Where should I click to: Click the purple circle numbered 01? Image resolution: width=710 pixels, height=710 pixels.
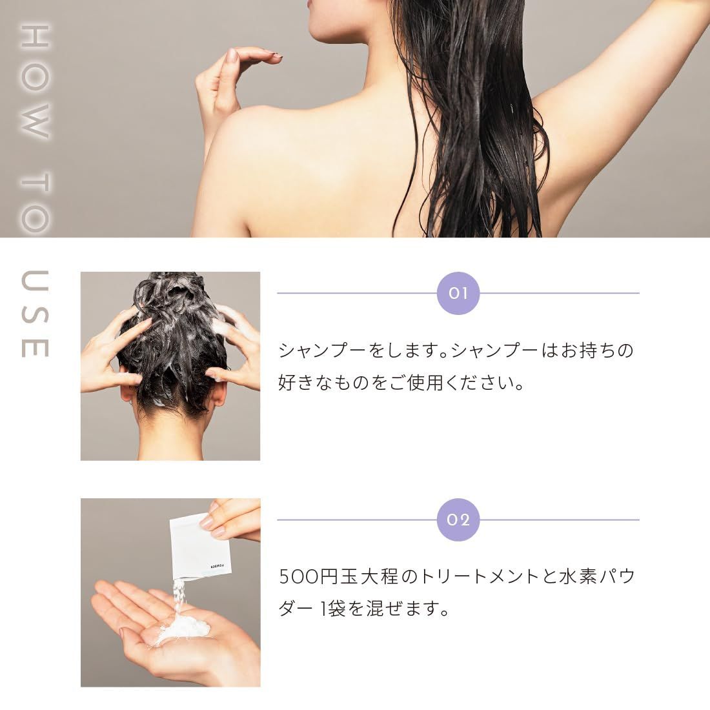tap(458, 293)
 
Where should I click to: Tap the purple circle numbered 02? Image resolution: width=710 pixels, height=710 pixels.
tap(458, 520)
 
